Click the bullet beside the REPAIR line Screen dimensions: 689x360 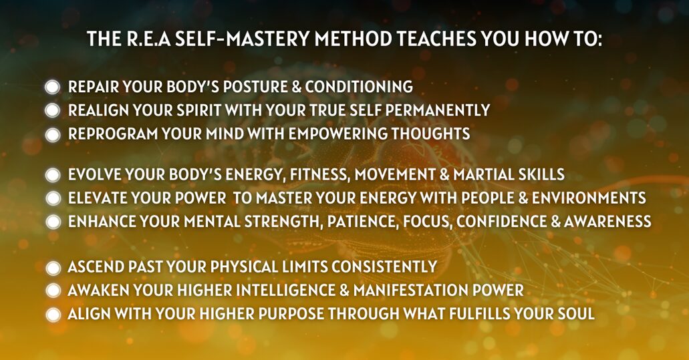(x=52, y=87)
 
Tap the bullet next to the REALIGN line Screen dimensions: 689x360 (x=52, y=110)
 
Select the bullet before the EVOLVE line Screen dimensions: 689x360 (x=53, y=175)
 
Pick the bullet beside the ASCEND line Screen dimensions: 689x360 (x=53, y=267)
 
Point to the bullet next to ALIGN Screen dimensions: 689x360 (x=53, y=315)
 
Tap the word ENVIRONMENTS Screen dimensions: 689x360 (x=589, y=198)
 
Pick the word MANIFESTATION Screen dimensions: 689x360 (x=410, y=291)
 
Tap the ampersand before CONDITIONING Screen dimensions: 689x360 (x=297, y=87)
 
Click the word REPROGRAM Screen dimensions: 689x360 (x=112, y=134)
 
